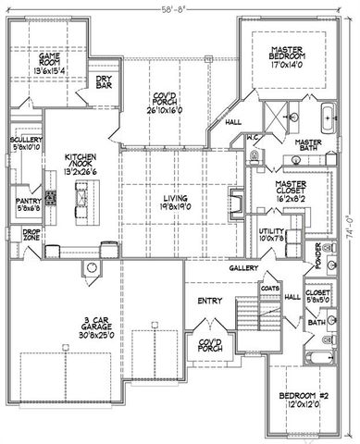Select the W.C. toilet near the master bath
[254, 151]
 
